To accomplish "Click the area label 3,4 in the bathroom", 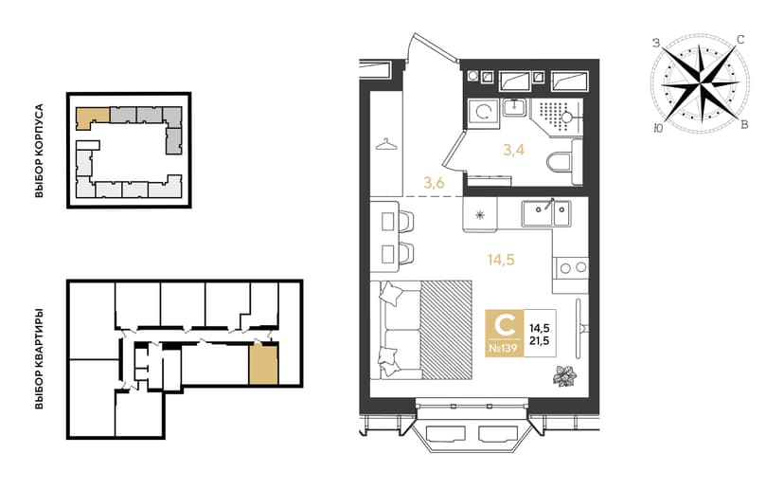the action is click(x=514, y=150).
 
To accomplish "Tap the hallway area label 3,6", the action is click(x=434, y=183).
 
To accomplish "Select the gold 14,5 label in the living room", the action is click(x=501, y=260).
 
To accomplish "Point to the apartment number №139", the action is click(x=503, y=348).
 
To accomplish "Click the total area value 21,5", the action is click(x=540, y=341).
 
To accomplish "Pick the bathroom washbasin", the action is click(x=514, y=106).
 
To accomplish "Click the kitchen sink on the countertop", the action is click(x=546, y=213).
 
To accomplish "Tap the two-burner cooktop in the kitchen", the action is click(x=573, y=268).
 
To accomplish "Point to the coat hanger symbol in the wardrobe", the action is click(x=386, y=145).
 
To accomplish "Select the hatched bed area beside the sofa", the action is click(x=447, y=330).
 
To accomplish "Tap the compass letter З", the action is click(x=656, y=43).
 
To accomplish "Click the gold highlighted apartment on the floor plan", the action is click(x=263, y=364).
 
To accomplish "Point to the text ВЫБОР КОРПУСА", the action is click(x=40, y=151).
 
